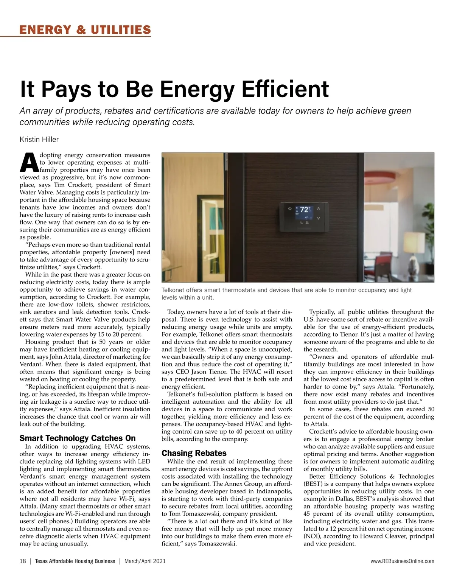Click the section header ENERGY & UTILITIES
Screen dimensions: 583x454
(85, 30)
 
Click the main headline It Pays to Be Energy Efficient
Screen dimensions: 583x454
(174, 89)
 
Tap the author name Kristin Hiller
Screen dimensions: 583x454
(39, 140)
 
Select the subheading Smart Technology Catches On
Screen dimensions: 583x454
(77, 438)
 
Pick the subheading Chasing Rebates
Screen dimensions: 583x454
(194, 453)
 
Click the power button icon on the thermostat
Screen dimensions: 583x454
(290, 208)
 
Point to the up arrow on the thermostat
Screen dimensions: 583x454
(319, 208)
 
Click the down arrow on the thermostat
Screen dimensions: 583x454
(319, 218)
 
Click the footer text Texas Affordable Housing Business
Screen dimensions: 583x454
(75, 561)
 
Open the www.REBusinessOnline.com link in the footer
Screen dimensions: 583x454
(403, 561)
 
